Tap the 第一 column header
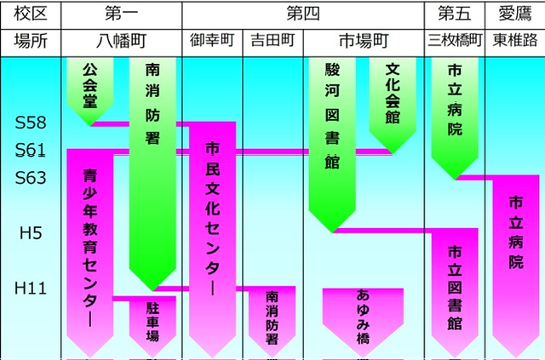122,14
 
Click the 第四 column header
303,14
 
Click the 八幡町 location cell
122,41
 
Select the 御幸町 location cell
211,41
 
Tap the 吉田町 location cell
271,41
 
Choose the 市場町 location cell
364,41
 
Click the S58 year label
31,123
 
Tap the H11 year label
31,289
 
